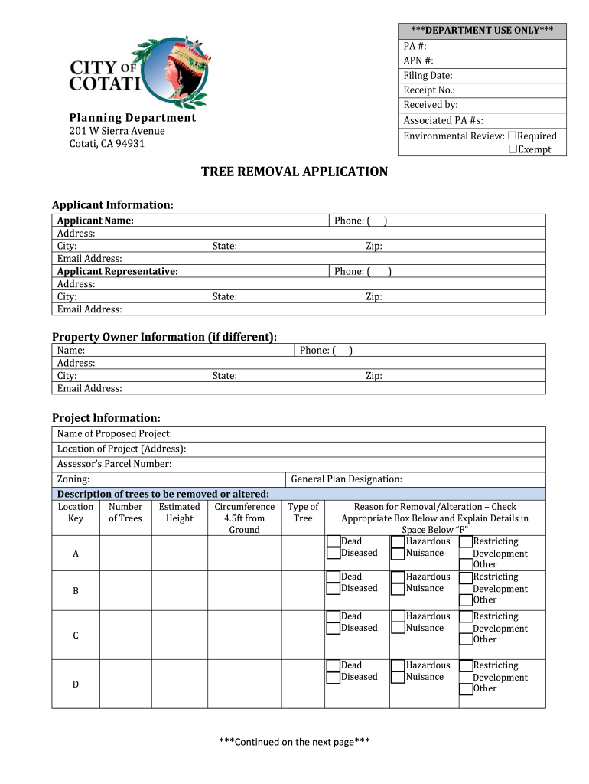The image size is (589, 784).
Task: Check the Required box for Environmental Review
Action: [x=513, y=136]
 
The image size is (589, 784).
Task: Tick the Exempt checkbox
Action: [x=513, y=149]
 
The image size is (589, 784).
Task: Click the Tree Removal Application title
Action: [x=294, y=171]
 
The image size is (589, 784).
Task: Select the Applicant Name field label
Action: [x=96, y=220]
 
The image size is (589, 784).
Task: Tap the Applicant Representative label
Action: [x=118, y=271]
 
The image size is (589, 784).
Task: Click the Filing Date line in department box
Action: [x=428, y=75]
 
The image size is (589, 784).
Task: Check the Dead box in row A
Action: [x=334, y=541]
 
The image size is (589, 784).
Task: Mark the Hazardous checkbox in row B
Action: [x=398, y=577]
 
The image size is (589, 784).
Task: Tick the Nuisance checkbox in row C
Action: [x=398, y=629]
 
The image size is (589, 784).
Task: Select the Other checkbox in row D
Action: [x=465, y=689]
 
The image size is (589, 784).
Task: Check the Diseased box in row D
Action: [x=334, y=678]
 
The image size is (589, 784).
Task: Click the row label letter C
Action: [x=76, y=635]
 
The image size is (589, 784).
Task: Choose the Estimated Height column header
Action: [x=179, y=512]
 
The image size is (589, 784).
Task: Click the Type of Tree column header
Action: [x=303, y=512]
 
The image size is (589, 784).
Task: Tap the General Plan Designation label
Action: [x=347, y=479]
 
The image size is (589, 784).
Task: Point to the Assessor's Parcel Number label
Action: [x=114, y=464]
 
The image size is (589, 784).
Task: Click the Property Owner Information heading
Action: [x=164, y=337]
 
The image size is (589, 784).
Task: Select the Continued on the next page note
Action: [x=294, y=742]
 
